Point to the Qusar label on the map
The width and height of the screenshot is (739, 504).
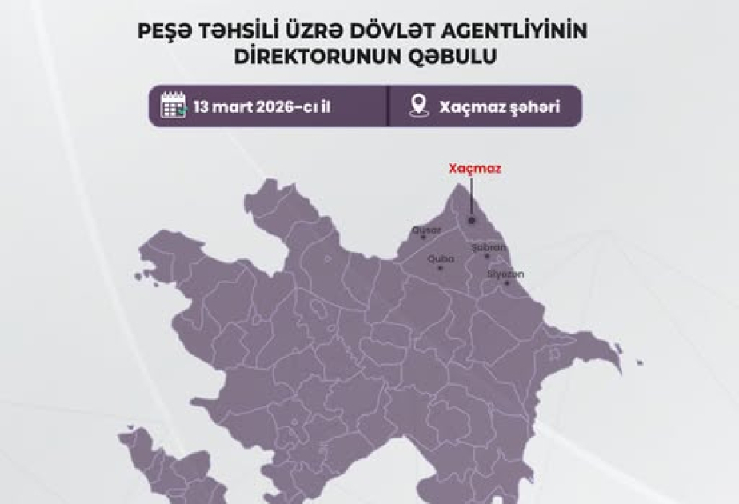click(x=426, y=230)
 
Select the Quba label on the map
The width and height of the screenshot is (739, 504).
click(x=441, y=258)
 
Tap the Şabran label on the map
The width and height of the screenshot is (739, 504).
click(x=489, y=247)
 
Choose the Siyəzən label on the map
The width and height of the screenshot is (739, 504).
click(x=505, y=274)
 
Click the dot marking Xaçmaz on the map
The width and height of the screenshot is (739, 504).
click(x=472, y=221)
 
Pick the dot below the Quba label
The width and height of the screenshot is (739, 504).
click(x=440, y=267)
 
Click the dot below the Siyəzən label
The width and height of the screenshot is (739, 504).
click(x=506, y=282)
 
